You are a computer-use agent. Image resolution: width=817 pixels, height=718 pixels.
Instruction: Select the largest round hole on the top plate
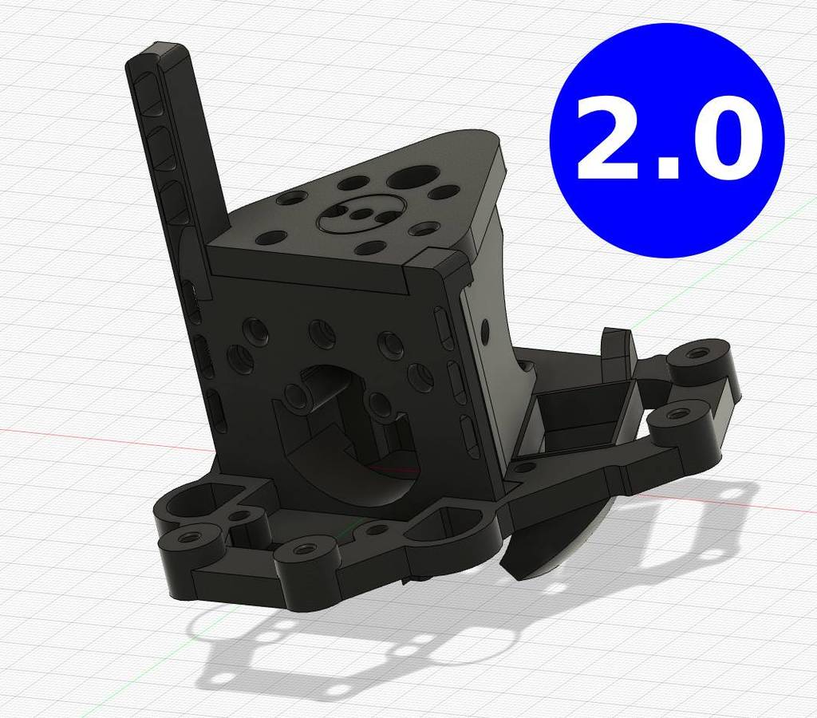[411, 179]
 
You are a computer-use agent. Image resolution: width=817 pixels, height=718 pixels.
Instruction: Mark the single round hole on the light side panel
[485, 329]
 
